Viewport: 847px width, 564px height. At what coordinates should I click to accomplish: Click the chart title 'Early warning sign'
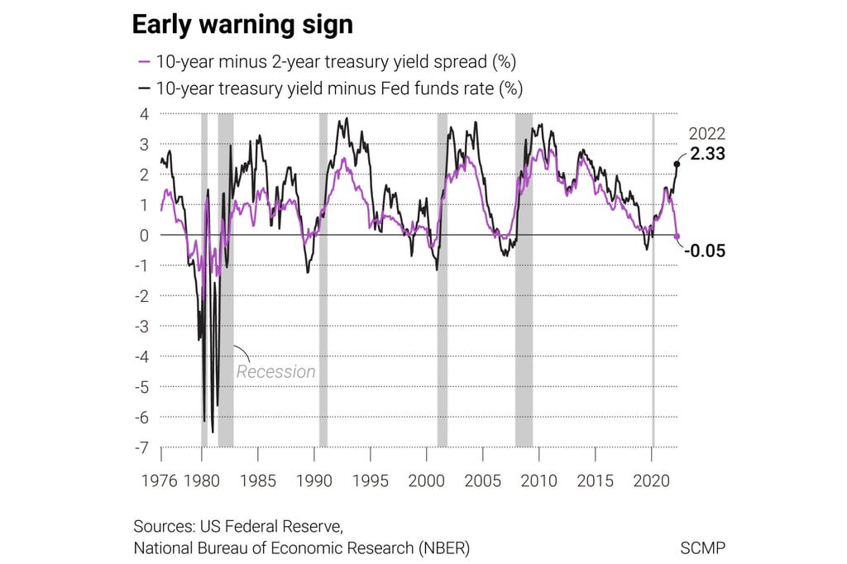point(242,25)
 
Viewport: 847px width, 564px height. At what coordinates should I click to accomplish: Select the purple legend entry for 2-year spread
point(330,62)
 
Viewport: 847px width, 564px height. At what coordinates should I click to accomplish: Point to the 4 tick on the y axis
point(144,114)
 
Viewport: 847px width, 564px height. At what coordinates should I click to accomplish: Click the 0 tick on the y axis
point(144,235)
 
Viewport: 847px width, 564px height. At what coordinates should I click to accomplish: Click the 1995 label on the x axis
point(370,480)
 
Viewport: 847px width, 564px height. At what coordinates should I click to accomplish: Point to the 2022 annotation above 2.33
point(707,134)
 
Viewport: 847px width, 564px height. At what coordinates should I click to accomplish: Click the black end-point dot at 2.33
point(677,164)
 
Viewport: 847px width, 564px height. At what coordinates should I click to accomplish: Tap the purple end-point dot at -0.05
point(677,237)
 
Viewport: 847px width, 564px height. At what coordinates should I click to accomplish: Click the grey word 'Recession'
point(276,371)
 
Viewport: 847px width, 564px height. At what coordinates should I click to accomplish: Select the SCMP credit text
point(702,547)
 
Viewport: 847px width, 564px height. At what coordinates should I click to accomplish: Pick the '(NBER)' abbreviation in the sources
point(442,547)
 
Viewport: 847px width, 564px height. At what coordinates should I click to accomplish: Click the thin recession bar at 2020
point(653,331)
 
